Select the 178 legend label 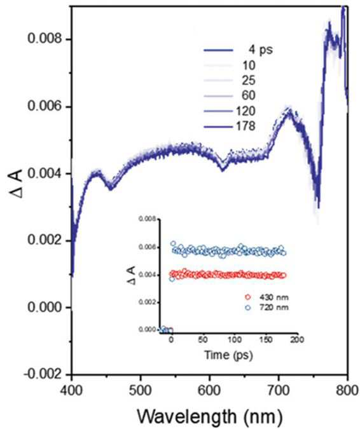point(246,126)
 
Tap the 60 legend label point(249,95)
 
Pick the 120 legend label point(246,111)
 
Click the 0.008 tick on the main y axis point(45,39)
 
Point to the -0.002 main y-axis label point(43,374)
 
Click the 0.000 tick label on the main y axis point(45,307)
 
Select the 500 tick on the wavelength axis point(141,391)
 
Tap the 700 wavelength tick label point(279,391)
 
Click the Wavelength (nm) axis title point(209,417)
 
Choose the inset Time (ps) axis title point(228,355)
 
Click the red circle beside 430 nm point(248,297)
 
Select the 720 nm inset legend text point(273,307)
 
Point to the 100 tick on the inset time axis point(235,340)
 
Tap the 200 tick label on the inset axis point(297,340)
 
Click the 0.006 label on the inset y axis point(148,247)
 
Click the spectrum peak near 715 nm point(289,111)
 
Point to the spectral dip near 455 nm point(111,188)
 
